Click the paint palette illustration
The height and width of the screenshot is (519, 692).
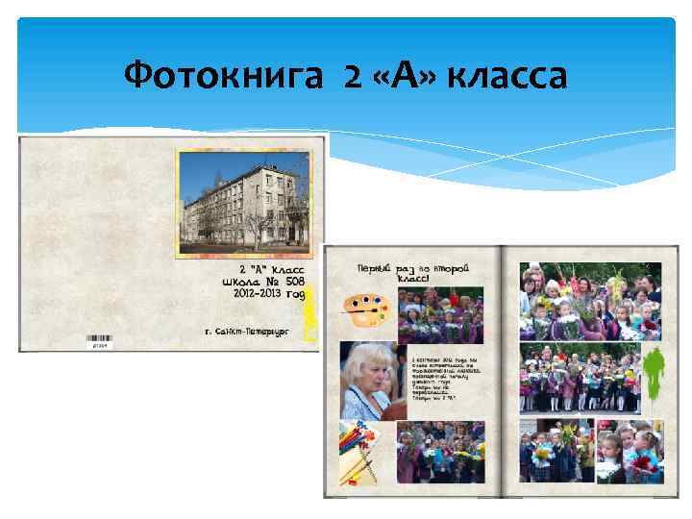point(362,308)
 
